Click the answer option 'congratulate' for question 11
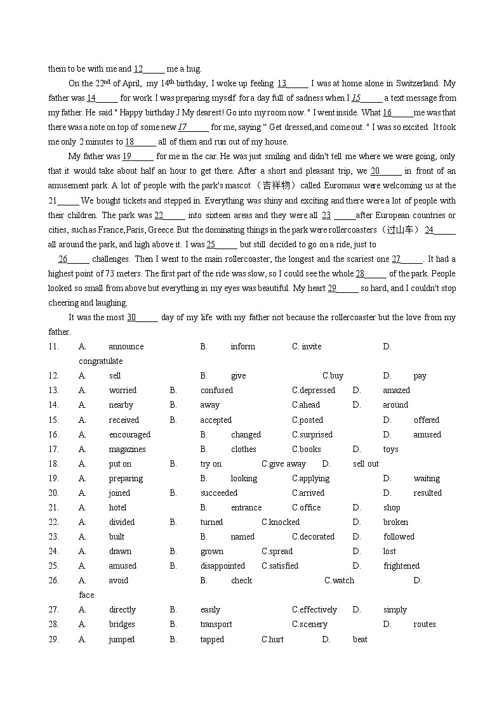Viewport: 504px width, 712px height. pyautogui.click(x=100, y=361)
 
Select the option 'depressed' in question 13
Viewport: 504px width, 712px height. pyautogui.click(x=316, y=390)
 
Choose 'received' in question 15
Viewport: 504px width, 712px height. pyautogui.click(x=124, y=420)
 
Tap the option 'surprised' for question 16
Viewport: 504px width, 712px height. pyautogui.click(x=315, y=434)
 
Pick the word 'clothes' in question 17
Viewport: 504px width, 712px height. pyautogui.click(x=244, y=449)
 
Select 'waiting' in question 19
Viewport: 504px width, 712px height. pyautogui.click(x=427, y=478)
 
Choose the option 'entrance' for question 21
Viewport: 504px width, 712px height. pyautogui.click(x=246, y=507)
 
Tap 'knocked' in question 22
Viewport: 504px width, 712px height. pyautogui.click(x=284, y=522)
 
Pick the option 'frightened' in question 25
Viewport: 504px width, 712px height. pyautogui.click(x=401, y=566)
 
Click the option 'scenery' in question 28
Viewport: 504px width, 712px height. pyautogui.click(x=313, y=624)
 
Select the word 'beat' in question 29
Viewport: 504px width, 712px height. pyautogui.click(x=360, y=639)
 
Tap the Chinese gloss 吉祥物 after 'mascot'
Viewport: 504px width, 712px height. pyautogui.click(x=275, y=185)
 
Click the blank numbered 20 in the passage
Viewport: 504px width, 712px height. pyautogui.click(x=385, y=171)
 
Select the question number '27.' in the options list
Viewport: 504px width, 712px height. pyautogui.click(x=53, y=609)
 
